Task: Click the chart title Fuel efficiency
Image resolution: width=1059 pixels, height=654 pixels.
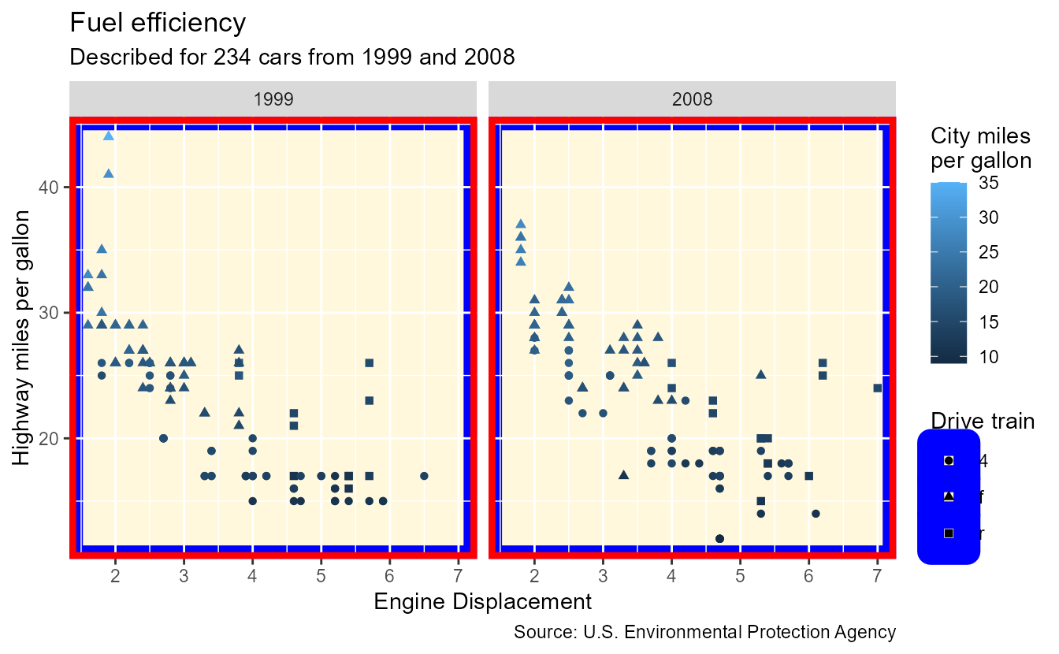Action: [x=158, y=23]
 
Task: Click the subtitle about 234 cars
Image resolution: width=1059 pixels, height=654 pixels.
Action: [x=292, y=58]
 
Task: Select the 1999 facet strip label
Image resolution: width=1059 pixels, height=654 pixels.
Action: [x=273, y=99]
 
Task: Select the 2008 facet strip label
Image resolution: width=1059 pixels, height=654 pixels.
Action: [x=692, y=99]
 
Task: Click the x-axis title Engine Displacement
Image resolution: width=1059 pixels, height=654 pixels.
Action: [x=482, y=603]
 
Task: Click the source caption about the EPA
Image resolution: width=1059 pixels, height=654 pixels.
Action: [x=704, y=632]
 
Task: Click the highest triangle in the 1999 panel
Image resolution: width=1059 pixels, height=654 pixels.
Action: [x=109, y=136]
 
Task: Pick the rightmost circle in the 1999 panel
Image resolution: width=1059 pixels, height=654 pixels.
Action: [x=424, y=476]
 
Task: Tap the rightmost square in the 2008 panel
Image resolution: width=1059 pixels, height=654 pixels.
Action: [x=877, y=388]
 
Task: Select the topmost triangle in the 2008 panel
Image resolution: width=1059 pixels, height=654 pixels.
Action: [x=521, y=224]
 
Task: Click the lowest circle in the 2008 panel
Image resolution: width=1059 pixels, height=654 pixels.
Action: [x=719, y=539]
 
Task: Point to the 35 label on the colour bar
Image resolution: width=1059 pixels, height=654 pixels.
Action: [x=989, y=183]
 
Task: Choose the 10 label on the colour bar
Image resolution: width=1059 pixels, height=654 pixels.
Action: [x=989, y=357]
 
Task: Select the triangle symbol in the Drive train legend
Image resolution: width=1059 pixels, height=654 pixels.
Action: [x=949, y=496]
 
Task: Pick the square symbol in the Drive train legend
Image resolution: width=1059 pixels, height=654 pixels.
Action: [x=949, y=533]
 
